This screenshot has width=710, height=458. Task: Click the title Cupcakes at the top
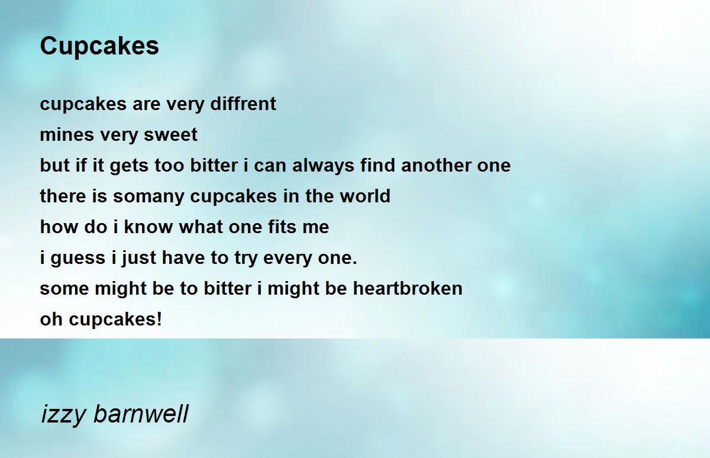pyautogui.click(x=99, y=46)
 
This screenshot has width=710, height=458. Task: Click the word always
pyautogui.click(x=324, y=166)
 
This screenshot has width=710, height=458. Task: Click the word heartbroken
pyautogui.click(x=408, y=289)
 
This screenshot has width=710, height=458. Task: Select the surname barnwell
pyautogui.click(x=141, y=414)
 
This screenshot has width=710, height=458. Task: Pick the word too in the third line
pyautogui.click(x=170, y=166)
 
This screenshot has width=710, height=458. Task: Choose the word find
pyautogui.click(x=379, y=166)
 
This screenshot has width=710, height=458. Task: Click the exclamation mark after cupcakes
pyautogui.click(x=159, y=320)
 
